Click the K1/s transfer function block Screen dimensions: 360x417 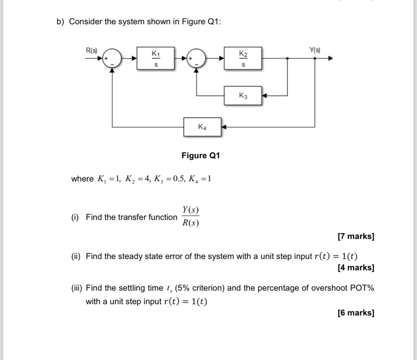(x=155, y=58)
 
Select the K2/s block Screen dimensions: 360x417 (x=243, y=58)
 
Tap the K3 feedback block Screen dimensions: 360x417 (x=243, y=96)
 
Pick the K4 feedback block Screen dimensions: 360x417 (x=202, y=127)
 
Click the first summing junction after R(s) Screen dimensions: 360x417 (x=112, y=58)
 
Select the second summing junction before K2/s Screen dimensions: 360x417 (x=197, y=58)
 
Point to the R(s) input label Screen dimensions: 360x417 (x=91, y=50)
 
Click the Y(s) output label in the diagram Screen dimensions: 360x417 (x=315, y=50)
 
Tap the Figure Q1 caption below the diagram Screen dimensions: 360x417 (x=200, y=156)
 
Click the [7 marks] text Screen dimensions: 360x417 (x=356, y=236)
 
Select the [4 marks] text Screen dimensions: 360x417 (x=356, y=268)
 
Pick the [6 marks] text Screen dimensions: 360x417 (x=356, y=313)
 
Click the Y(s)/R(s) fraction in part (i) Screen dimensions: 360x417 (x=190, y=216)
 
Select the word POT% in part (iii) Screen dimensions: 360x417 (x=362, y=288)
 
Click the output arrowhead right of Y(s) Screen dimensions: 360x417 (x=330, y=58)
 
